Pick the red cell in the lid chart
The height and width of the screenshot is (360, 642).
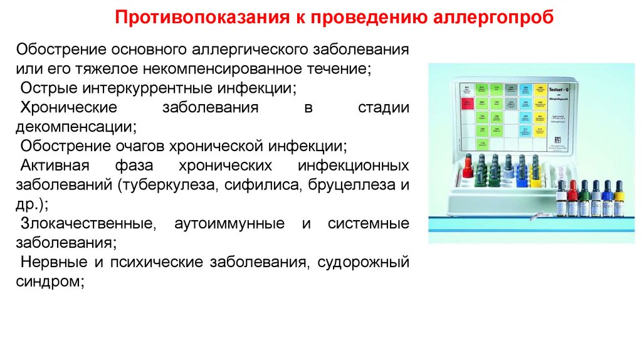[x=465, y=103]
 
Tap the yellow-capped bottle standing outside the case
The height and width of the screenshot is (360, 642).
[x=618, y=198]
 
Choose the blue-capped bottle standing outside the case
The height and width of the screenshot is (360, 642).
[x=606, y=198]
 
